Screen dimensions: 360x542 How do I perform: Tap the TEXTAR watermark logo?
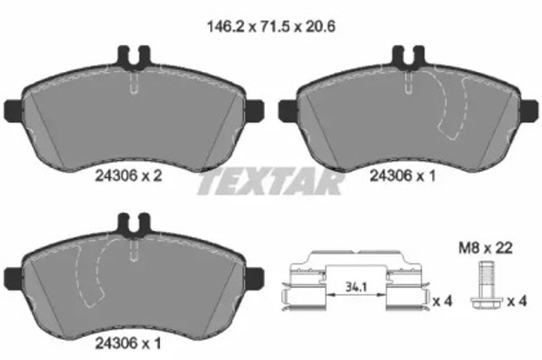click(x=271, y=181)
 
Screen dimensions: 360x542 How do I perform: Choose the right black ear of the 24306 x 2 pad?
click(x=253, y=109)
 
